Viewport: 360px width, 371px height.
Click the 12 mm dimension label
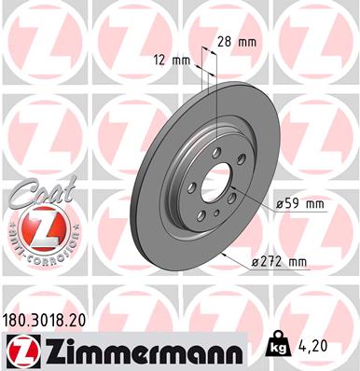[x=173, y=59]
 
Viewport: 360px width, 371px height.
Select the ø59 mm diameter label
[x=299, y=203]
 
